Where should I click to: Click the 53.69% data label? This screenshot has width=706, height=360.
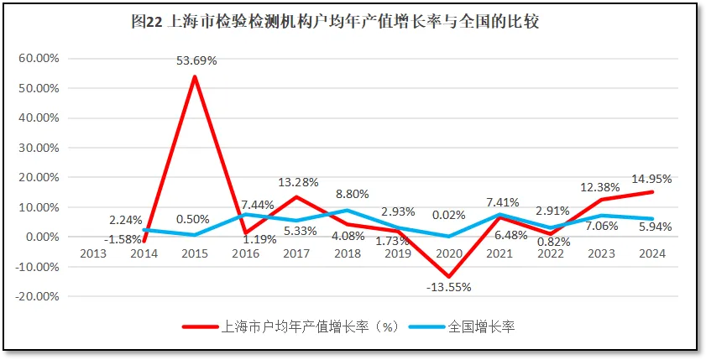pos(196,60)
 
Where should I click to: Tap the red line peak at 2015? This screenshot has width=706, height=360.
pos(195,77)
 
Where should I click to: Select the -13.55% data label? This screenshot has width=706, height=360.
pos(450,287)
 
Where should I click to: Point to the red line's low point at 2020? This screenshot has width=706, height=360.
pos(449,276)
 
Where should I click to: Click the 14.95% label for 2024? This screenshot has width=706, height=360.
pos(651,179)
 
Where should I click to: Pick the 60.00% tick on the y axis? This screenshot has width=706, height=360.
pos(39,59)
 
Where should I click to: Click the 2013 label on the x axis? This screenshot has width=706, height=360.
pos(93,253)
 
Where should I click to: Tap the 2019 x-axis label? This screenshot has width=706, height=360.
pos(399,253)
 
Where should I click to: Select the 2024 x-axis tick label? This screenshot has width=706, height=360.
pos(652,253)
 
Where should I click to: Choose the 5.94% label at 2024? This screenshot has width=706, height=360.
pos(651,227)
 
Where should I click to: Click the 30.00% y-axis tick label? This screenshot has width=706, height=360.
pos(39,148)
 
